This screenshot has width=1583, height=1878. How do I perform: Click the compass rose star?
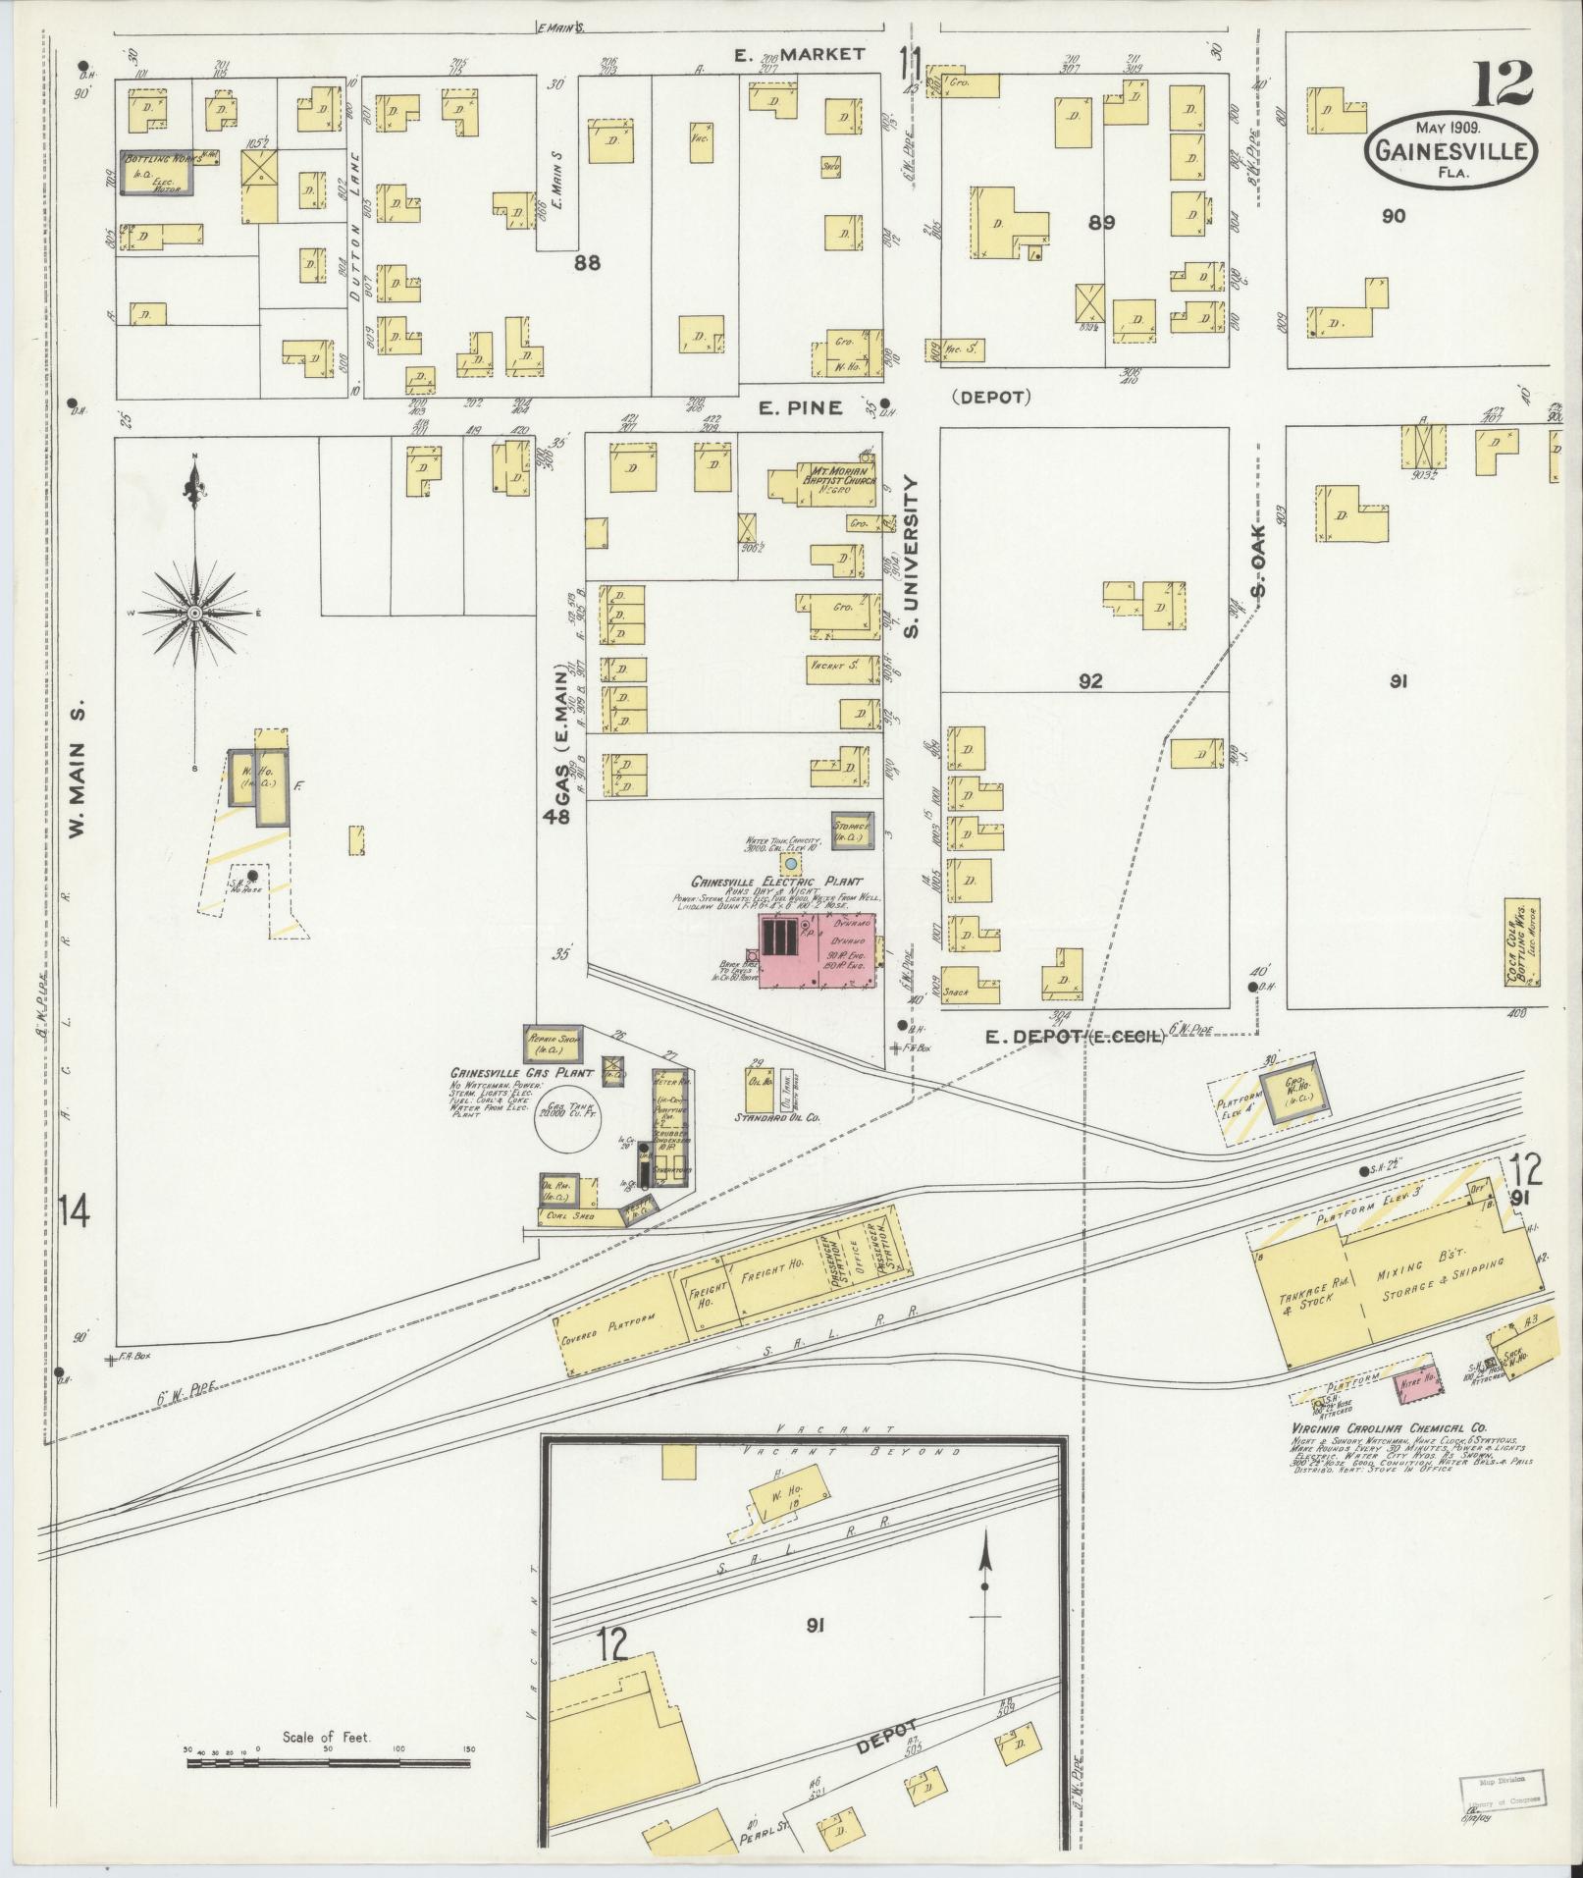[x=195, y=613]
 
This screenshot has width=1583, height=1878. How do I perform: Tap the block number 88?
[x=587, y=262]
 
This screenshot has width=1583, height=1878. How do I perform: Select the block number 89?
[x=1101, y=223]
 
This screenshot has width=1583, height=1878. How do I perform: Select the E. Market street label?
[x=801, y=54]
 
